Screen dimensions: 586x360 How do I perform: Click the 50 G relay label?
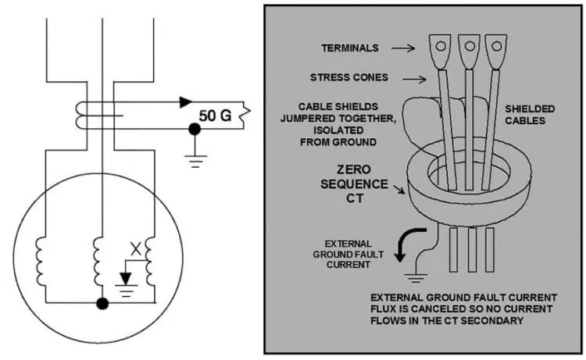pyautogui.click(x=215, y=116)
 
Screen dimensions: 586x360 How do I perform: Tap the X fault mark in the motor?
pyautogui.click(x=136, y=249)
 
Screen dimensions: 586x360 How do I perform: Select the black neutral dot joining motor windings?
pyautogui.click(x=102, y=303)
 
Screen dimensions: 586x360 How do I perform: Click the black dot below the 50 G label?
pyautogui.click(x=194, y=129)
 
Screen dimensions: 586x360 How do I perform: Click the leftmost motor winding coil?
pyautogui.click(x=40, y=262)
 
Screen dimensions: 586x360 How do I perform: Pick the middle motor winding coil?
pyautogui.click(x=98, y=262)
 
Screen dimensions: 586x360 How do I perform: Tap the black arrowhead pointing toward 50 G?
pyautogui.click(x=186, y=102)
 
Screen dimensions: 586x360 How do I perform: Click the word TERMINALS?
pyautogui.click(x=350, y=48)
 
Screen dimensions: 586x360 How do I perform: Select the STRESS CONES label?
pyautogui.click(x=349, y=77)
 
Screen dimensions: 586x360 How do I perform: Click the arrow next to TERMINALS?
pyautogui.click(x=403, y=48)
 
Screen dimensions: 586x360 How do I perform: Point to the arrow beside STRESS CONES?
pyautogui.click(x=414, y=79)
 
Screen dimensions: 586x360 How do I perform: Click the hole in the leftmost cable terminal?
pyautogui.click(x=441, y=46)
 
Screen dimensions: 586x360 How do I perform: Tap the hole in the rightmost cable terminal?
pyautogui.click(x=496, y=46)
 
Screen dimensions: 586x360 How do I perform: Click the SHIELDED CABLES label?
pyautogui.click(x=530, y=115)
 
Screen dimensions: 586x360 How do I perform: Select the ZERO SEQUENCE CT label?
pyautogui.click(x=353, y=184)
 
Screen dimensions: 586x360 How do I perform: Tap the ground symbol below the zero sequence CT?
pyautogui.click(x=416, y=278)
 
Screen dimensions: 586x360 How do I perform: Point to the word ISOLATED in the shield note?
pyautogui.click(x=338, y=130)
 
